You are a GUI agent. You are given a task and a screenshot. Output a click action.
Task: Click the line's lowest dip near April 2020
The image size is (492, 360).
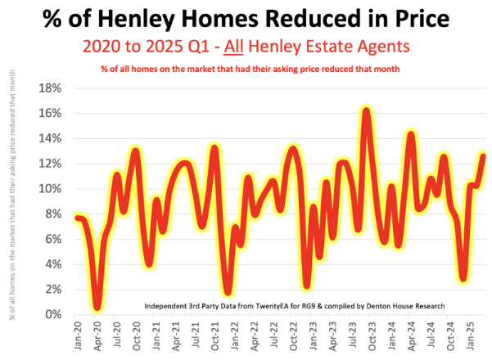pos(98,308)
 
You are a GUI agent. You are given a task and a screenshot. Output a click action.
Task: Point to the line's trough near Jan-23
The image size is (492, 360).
pos(308,286)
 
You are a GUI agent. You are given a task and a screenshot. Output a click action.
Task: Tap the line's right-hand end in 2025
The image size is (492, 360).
pos(483,156)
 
